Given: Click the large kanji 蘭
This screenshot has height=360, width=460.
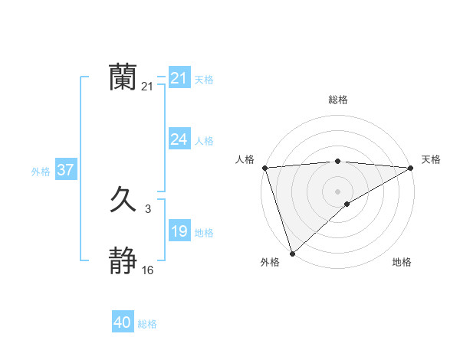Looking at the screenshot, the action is click(123, 77).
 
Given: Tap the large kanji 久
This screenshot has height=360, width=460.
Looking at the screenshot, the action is click(123, 200).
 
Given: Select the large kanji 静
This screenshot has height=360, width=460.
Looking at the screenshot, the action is click(123, 261).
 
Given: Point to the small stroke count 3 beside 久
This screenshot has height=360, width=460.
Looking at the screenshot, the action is click(147, 208).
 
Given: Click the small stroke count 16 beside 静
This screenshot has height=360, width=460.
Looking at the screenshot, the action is click(147, 270).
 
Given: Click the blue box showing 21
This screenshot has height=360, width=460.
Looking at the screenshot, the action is click(179, 78).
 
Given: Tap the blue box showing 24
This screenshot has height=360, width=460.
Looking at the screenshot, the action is click(179, 139).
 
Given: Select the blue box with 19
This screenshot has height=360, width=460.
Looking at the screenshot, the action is click(179, 231).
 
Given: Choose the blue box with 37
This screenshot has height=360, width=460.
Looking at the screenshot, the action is click(65, 170).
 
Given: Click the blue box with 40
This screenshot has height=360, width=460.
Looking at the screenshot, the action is click(123, 323).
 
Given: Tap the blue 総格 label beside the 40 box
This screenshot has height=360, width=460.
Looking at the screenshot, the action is click(147, 325).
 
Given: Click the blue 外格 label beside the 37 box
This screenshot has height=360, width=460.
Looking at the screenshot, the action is click(41, 172).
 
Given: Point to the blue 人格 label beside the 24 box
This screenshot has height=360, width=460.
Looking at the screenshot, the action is click(204, 141).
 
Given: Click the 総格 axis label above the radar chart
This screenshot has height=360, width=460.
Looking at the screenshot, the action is click(338, 100).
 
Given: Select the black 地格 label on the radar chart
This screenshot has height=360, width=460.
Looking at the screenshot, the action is click(402, 262).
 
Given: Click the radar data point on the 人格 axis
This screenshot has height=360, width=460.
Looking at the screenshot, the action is click(264, 168).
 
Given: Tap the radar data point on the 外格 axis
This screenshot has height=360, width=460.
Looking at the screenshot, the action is click(292, 254).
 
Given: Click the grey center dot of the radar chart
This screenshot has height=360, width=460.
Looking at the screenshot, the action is click(338, 191).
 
